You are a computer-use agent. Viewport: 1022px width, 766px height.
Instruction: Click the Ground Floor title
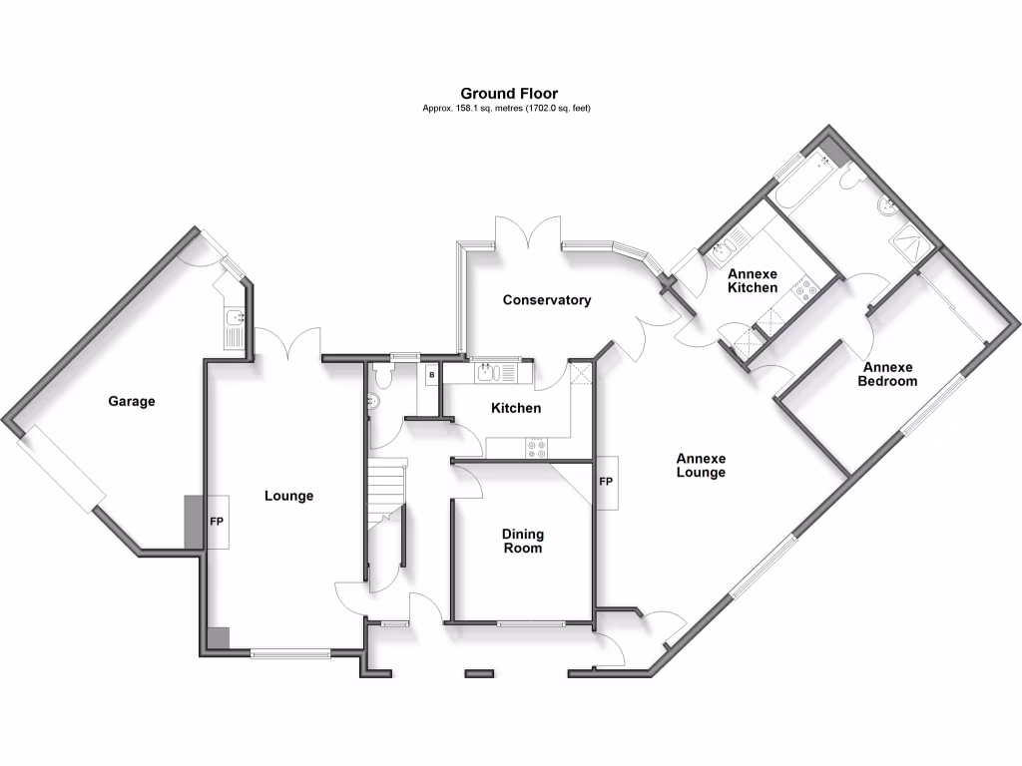[x=509, y=94]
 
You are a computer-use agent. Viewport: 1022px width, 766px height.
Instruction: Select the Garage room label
[x=132, y=402]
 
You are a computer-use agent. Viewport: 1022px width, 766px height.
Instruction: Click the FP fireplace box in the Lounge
[x=217, y=522]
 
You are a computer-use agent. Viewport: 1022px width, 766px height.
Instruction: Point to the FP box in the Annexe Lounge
[x=605, y=483]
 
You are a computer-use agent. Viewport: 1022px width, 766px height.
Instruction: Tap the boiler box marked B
[x=431, y=376]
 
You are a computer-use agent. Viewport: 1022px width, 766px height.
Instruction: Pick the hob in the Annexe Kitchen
[x=803, y=291]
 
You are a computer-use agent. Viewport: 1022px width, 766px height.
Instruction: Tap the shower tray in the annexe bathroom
[x=912, y=238]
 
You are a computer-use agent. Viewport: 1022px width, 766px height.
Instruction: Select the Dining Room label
[x=522, y=541]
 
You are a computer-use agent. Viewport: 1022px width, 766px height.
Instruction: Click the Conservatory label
[x=546, y=300]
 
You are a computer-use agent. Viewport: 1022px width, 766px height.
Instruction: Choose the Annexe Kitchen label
[x=752, y=280]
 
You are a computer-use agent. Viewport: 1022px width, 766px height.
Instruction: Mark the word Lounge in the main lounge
[x=288, y=496]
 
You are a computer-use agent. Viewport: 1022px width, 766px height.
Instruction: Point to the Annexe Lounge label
[x=700, y=466]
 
